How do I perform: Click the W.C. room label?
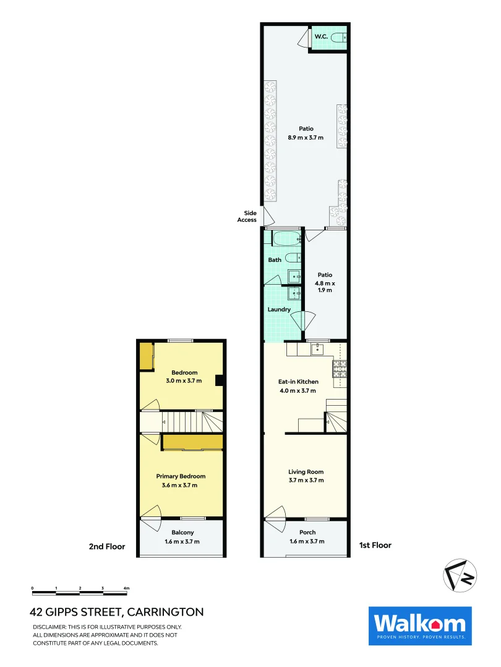(321, 37)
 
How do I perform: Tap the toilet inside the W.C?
(338, 38)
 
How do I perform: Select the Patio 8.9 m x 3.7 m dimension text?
(306, 138)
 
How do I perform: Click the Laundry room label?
(279, 309)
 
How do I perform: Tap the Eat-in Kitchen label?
(298, 382)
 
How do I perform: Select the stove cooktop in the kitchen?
(340, 369)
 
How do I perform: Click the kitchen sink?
(317, 350)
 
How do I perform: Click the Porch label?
(307, 532)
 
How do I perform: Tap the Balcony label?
(182, 532)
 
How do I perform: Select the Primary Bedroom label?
(181, 476)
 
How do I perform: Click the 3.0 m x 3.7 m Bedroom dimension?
(184, 381)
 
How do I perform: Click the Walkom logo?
(420, 626)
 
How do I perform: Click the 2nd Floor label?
(108, 546)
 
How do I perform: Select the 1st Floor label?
(375, 545)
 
